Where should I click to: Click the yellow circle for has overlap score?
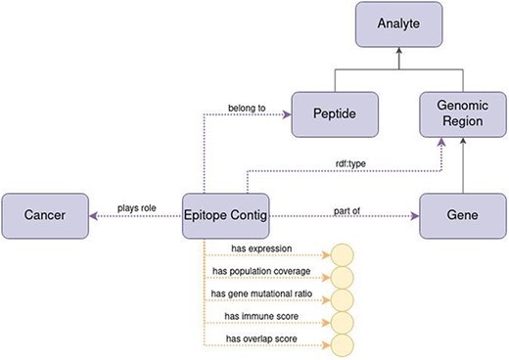344,344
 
